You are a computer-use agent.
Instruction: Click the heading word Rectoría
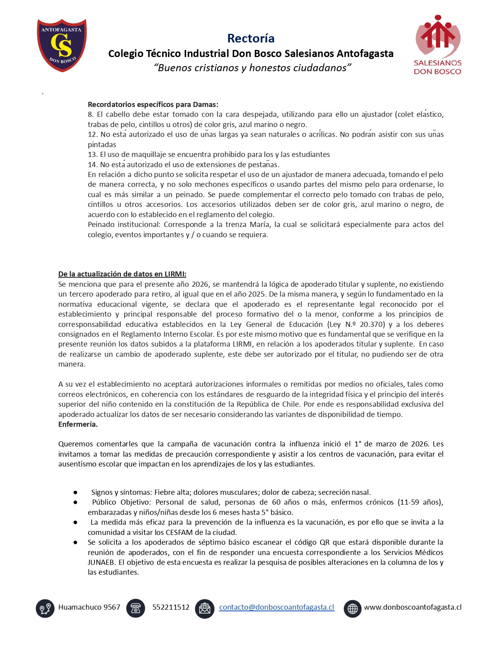(x=251, y=38)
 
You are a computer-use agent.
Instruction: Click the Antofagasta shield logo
(x=62, y=45)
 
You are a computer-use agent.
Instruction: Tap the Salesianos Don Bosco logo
(x=437, y=45)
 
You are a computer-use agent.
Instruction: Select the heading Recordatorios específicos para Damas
(x=153, y=105)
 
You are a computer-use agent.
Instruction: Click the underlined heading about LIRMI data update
(x=122, y=274)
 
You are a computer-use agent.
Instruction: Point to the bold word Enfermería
(x=78, y=424)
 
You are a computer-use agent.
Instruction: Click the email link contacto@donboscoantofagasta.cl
(x=276, y=607)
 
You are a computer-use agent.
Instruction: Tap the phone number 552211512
(x=170, y=607)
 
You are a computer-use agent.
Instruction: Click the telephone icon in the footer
(x=135, y=608)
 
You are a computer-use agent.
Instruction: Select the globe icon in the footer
(x=352, y=608)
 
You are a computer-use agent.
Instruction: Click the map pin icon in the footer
(x=45, y=608)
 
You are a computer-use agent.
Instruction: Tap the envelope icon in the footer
(x=205, y=608)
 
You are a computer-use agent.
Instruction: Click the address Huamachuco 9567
(x=89, y=607)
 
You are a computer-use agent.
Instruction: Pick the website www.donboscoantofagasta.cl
(x=413, y=607)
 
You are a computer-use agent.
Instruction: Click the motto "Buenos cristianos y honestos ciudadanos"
(x=252, y=68)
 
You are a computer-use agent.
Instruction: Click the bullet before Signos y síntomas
(x=75, y=492)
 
